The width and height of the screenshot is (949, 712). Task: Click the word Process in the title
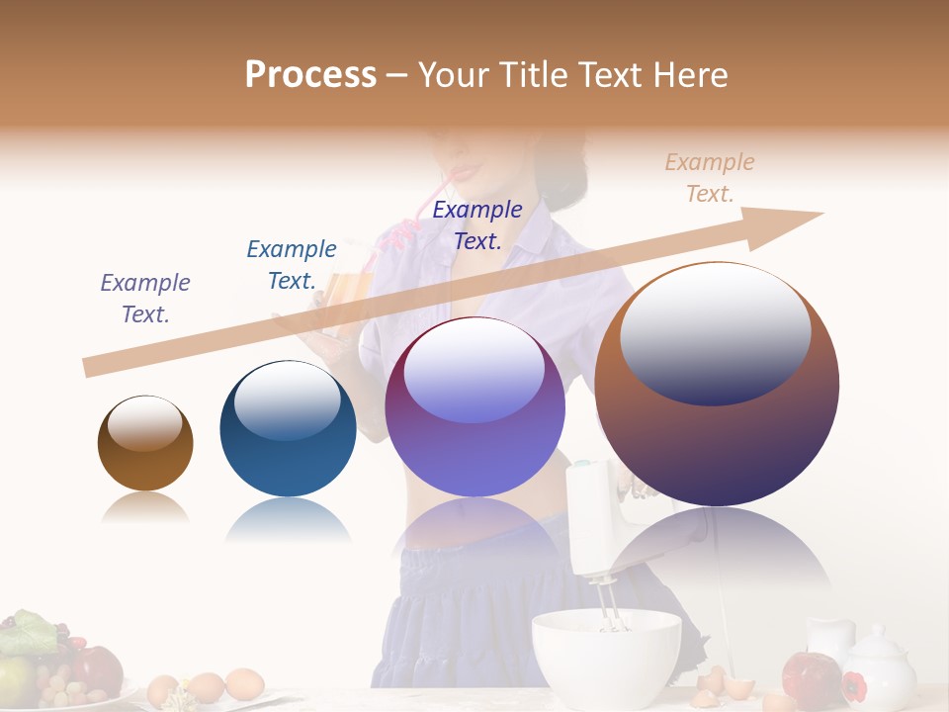310,74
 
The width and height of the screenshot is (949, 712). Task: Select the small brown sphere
145,444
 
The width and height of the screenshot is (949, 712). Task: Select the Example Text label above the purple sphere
477,224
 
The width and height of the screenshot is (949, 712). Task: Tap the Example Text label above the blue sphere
292,264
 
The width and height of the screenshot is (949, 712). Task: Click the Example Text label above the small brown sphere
145,298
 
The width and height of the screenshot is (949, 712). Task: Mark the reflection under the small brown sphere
145,508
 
